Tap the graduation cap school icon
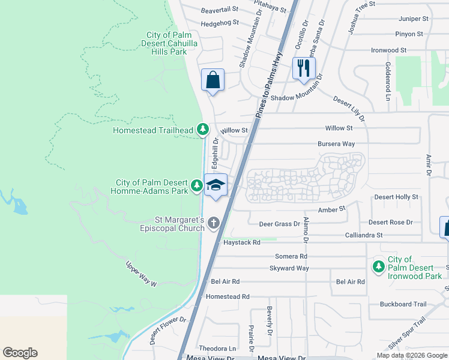pos(215,184)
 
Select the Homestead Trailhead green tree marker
pos(203,129)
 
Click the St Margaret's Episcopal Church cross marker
pos(214,223)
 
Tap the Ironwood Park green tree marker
pos(378,266)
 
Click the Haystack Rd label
pos(242,243)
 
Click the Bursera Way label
pos(336,144)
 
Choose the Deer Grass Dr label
pos(279,224)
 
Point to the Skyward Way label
pos(289,268)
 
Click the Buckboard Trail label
pos(403,304)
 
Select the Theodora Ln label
pos(218,349)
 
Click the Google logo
pos(20,353)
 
